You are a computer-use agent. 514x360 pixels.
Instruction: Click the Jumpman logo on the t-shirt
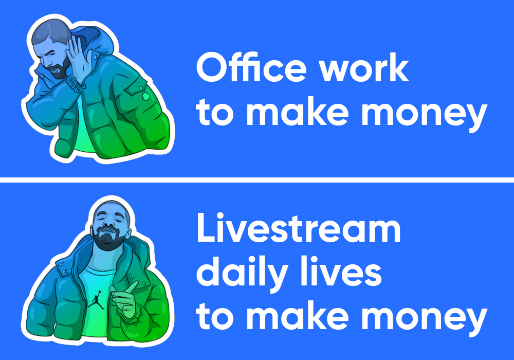tap(96, 298)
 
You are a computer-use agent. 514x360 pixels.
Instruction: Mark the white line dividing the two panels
tap(257, 178)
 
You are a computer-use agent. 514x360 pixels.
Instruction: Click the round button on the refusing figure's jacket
tap(146, 96)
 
